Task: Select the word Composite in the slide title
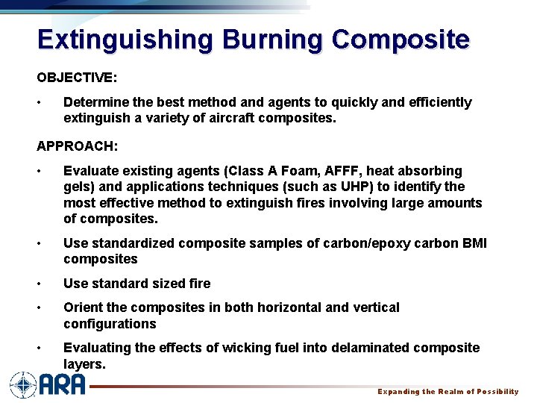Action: point(401,39)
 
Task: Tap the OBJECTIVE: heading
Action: point(77,78)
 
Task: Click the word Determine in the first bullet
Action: point(95,102)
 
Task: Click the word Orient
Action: point(83,307)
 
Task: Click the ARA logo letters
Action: point(62,385)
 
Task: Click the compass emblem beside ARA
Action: point(23,385)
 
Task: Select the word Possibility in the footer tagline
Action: point(492,392)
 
